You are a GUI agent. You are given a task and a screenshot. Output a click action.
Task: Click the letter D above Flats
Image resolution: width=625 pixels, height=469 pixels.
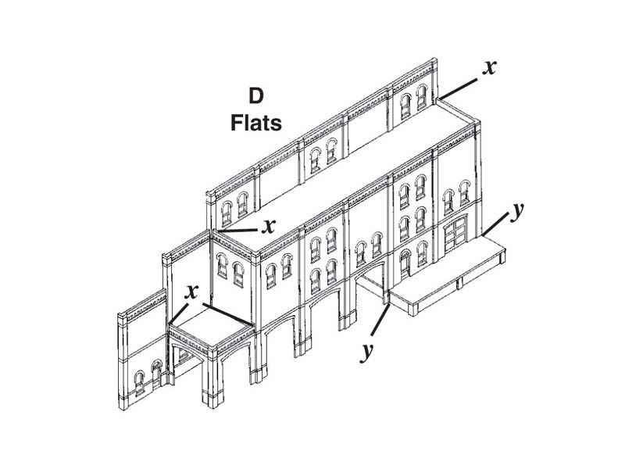click(x=255, y=97)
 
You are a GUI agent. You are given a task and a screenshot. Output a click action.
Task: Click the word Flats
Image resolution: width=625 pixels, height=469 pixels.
click(x=255, y=123)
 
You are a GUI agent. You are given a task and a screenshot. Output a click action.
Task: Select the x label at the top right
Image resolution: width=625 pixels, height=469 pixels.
click(x=489, y=67)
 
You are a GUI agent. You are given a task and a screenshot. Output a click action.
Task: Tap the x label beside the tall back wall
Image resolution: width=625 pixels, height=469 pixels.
click(x=269, y=226)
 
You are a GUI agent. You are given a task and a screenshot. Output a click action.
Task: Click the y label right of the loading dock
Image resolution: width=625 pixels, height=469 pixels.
click(x=516, y=211)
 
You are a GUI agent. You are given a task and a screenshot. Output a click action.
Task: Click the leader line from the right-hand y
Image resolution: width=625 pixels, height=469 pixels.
click(x=496, y=224)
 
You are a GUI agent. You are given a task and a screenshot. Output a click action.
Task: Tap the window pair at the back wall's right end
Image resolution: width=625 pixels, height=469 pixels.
click(x=413, y=101)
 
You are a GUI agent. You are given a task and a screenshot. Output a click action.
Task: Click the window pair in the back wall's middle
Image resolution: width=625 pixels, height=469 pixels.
click(x=323, y=155)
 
